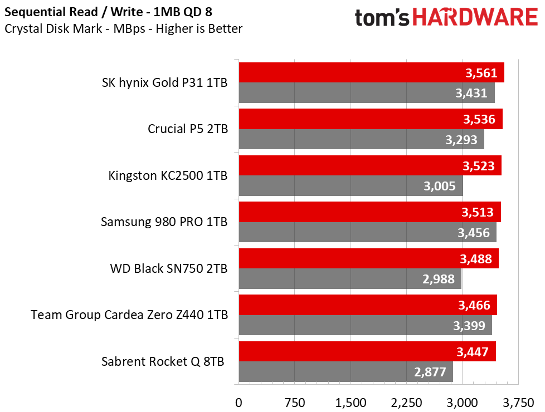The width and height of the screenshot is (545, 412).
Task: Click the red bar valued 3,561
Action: pos(371,72)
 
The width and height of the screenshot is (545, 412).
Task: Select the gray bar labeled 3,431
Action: pos(367,93)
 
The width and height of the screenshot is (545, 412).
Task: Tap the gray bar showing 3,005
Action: pos(351,186)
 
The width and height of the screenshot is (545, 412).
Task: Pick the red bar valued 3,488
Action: pos(369,258)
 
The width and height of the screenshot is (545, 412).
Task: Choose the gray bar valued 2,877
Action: pos(346,372)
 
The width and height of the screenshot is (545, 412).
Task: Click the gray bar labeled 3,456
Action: pos(367,232)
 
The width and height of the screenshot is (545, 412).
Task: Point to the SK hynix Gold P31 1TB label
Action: pos(165,82)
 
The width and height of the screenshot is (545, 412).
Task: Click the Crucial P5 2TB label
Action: pos(188,129)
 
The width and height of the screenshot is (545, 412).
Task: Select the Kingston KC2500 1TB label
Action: pos(168,175)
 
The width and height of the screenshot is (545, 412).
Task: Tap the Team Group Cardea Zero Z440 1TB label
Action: pos(129,315)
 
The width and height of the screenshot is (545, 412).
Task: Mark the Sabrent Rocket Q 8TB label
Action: pos(163,361)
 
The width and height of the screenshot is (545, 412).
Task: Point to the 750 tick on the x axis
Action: pos(295,403)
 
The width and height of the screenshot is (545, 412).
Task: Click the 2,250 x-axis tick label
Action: pos(406,403)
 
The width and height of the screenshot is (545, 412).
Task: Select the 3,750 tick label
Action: pos(518,403)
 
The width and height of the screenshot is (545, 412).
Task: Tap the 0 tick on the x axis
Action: pos(239,403)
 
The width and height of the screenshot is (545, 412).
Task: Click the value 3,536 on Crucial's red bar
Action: pos(479,119)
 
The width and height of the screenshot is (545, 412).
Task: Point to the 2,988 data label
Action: pos(439,278)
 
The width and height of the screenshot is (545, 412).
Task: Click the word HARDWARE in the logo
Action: pos(475,17)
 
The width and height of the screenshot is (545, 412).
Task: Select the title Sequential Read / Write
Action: pos(74,12)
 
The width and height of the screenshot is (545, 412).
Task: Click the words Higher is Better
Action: pos(199,28)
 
